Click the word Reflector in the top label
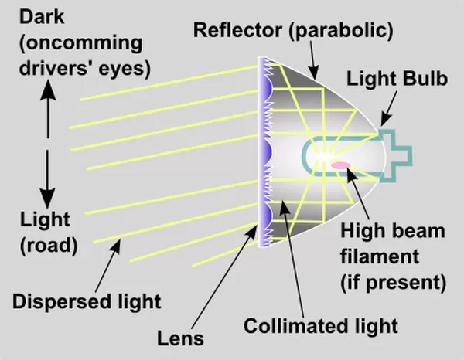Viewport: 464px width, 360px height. click(x=237, y=30)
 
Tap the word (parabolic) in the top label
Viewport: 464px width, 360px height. click(x=341, y=31)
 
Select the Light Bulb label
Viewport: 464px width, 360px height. click(x=397, y=79)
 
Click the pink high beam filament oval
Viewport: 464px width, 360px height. click(x=341, y=165)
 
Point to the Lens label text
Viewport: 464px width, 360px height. click(x=180, y=338)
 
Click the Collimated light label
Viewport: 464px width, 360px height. click(x=320, y=326)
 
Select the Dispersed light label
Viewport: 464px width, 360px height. click(x=87, y=302)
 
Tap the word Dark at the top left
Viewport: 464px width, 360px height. click(x=42, y=16)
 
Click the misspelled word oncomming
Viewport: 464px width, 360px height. click(x=80, y=43)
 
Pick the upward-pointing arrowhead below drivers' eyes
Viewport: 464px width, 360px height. click(x=48, y=90)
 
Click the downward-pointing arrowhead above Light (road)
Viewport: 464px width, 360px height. click(x=47, y=198)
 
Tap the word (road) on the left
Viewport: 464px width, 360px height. click(x=49, y=246)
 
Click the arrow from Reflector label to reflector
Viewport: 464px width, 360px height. click(x=313, y=60)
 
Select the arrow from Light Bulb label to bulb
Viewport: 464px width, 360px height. click(x=388, y=108)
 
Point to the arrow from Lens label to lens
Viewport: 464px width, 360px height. click(x=225, y=276)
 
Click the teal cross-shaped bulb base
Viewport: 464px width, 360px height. click(x=396, y=155)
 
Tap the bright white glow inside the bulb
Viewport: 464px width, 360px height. click(x=324, y=156)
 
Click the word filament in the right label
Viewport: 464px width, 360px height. click(x=380, y=256)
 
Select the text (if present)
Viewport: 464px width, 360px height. click(x=394, y=283)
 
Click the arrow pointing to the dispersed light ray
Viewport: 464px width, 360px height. click(x=108, y=266)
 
